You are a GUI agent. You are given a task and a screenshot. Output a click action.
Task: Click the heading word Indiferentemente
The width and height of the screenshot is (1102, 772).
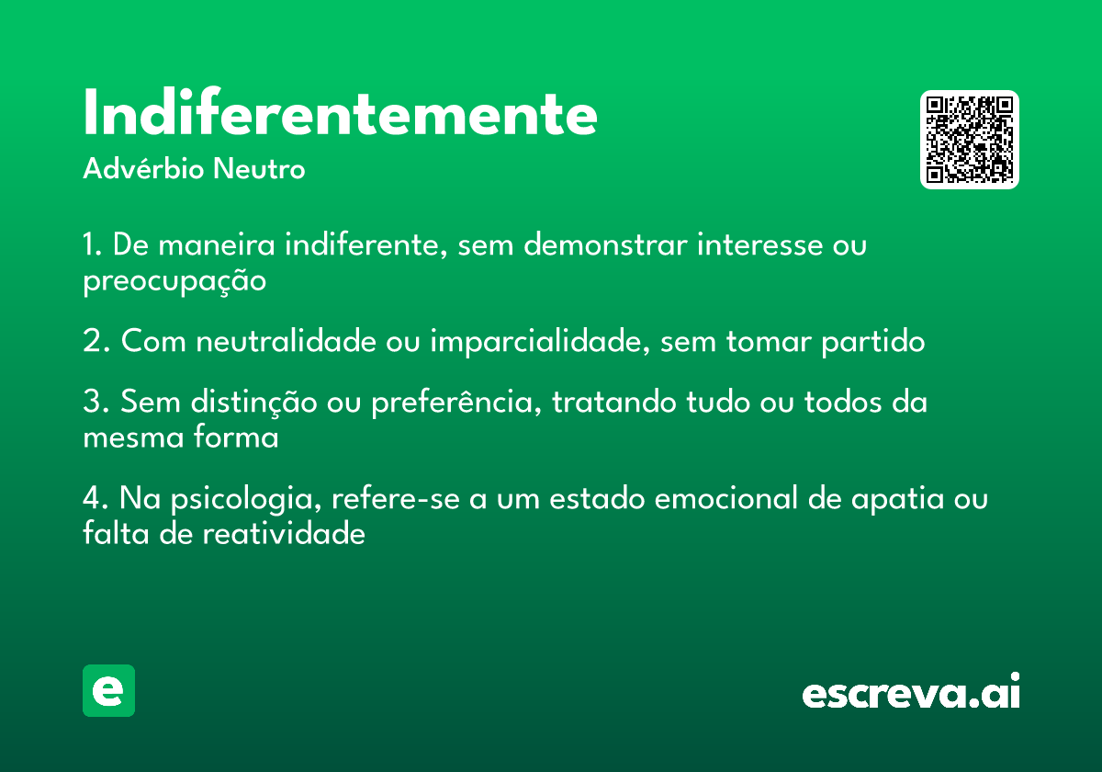tap(340, 112)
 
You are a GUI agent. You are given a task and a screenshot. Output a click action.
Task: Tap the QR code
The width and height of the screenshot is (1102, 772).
tap(969, 140)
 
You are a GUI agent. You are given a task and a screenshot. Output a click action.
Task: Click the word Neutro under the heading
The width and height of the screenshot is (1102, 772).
tap(259, 168)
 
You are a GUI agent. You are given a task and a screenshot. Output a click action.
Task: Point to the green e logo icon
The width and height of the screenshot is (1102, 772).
tap(108, 690)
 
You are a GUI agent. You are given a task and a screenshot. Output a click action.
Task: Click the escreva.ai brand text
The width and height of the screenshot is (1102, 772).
tap(911, 690)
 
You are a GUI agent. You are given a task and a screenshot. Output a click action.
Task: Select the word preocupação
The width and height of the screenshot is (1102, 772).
tap(174, 281)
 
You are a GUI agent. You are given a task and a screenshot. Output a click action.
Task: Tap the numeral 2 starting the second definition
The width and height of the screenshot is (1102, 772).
tap(93, 341)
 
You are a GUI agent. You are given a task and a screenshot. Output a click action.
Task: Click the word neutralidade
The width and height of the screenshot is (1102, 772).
tap(287, 340)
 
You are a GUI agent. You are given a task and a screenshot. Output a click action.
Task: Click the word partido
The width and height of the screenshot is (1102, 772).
tap(873, 342)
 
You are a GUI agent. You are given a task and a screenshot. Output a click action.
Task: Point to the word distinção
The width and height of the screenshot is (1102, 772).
tap(254, 403)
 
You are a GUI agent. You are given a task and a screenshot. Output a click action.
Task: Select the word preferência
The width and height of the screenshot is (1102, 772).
tap(453, 403)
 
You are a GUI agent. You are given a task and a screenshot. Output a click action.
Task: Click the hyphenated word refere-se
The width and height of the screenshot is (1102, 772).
tap(396, 498)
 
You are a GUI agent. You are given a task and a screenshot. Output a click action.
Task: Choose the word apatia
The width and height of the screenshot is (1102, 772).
tap(898, 499)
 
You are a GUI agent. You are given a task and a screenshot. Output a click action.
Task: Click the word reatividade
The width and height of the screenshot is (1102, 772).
tap(284, 533)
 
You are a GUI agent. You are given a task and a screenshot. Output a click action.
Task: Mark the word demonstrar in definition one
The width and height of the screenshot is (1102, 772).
tap(605, 244)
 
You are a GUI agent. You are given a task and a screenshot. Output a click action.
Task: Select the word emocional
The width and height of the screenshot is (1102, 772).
tap(725, 498)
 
